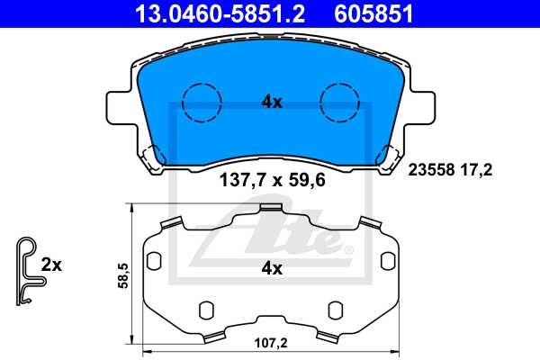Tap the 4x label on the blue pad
[x=272, y=103]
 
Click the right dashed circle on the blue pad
[x=341, y=102]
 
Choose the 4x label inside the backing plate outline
[x=272, y=268]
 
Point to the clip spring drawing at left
[x=29, y=268]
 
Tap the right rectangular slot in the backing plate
[x=390, y=260]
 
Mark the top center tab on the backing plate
[x=271, y=209]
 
